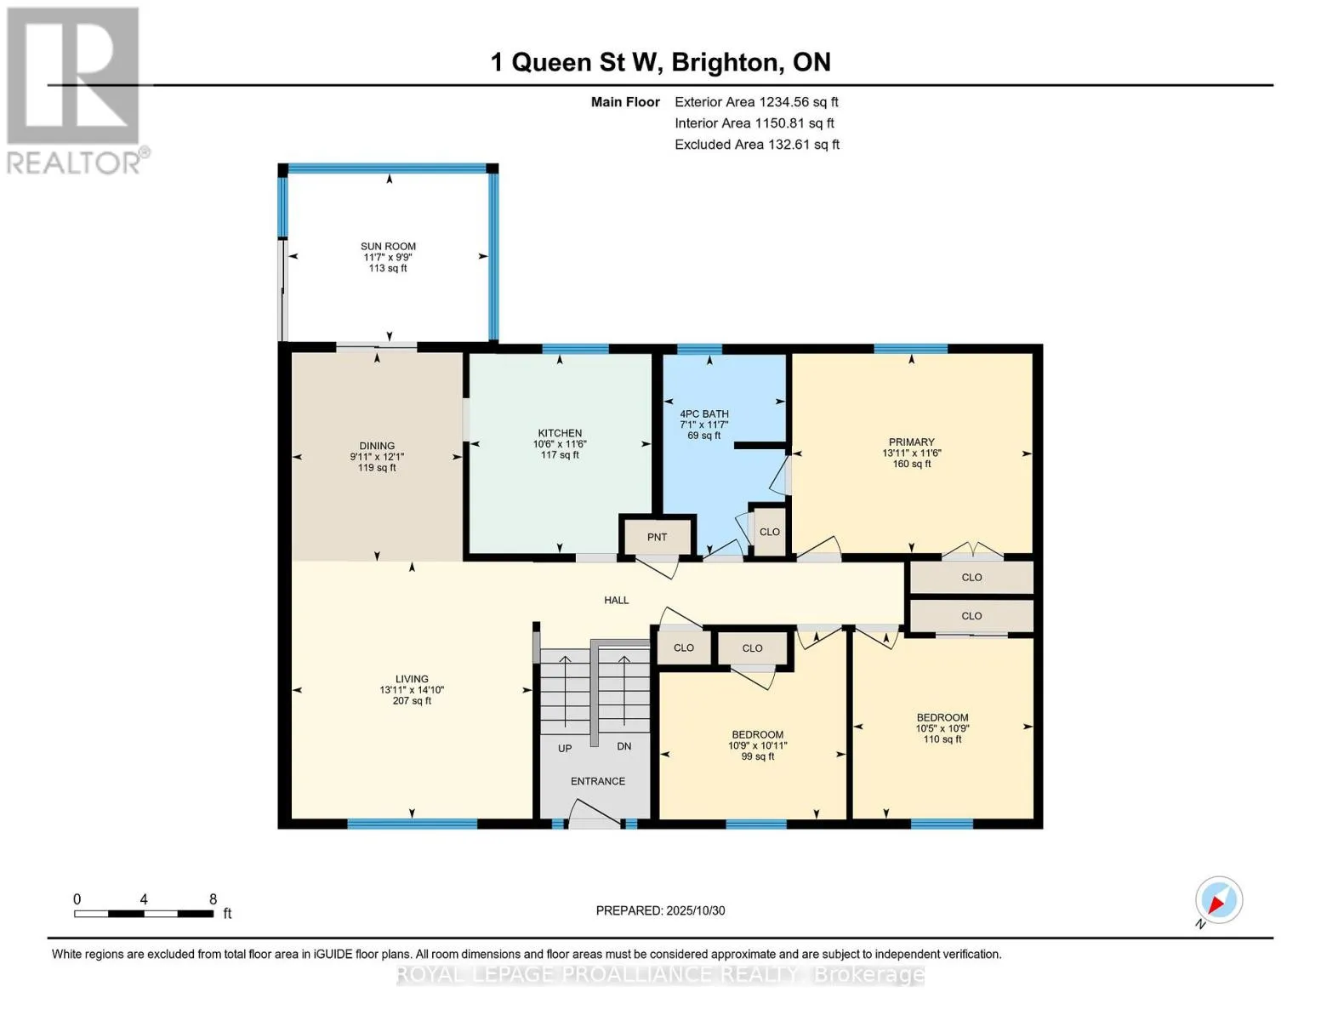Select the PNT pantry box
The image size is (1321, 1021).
click(658, 536)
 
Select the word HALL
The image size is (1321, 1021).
click(616, 600)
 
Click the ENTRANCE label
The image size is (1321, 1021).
click(598, 781)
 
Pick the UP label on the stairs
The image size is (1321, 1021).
click(565, 749)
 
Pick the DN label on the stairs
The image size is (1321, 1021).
click(624, 746)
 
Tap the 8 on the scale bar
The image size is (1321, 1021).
click(213, 899)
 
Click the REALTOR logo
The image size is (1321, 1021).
click(76, 91)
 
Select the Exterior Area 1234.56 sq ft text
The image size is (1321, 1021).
click(756, 102)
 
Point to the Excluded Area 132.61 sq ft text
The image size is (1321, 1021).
click(757, 145)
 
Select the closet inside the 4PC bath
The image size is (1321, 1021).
click(769, 531)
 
